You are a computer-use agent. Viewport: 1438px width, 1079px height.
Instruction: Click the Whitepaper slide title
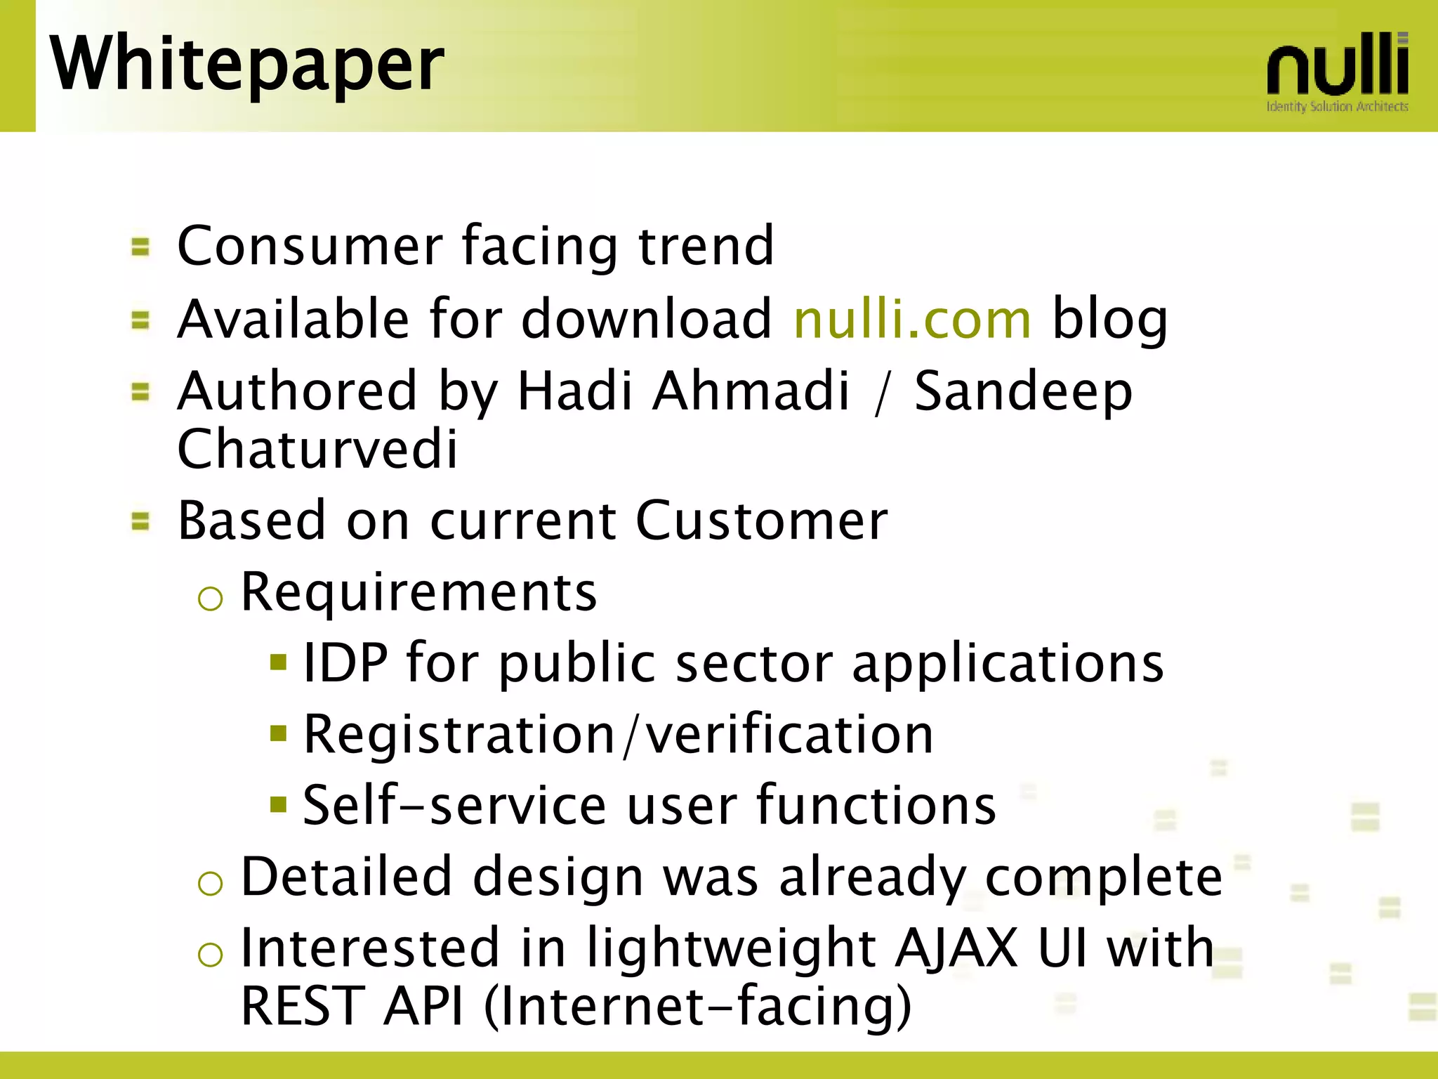(246, 65)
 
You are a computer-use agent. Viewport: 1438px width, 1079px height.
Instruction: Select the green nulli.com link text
(912, 320)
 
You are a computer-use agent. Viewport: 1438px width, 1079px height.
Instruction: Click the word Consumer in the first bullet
(310, 246)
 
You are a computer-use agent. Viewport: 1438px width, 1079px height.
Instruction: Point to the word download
(646, 320)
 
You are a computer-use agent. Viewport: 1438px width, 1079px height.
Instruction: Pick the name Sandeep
(1023, 391)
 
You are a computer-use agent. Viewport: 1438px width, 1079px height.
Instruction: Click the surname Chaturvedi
(317, 450)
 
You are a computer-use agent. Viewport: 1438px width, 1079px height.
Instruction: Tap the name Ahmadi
(751, 391)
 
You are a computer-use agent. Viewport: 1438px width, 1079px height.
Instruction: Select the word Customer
(762, 521)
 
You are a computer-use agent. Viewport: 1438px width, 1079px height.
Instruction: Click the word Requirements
(418, 593)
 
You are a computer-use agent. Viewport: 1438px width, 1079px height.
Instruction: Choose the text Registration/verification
(618, 735)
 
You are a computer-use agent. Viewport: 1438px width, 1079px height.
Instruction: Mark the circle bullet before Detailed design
(210, 883)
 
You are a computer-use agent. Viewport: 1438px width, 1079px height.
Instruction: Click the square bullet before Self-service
(279, 804)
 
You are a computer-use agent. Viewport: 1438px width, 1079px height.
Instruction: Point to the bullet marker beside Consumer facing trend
(140, 247)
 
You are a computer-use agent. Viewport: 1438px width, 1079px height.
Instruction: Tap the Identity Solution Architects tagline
(1337, 107)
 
